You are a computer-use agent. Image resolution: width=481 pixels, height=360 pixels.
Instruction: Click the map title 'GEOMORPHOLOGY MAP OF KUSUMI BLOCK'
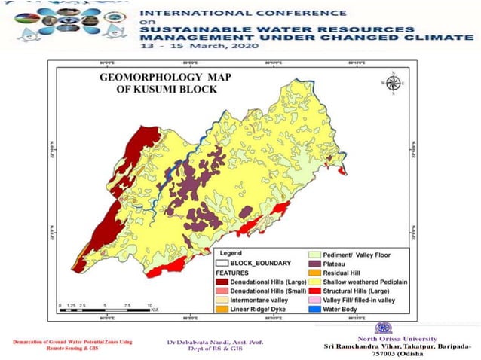[x=158, y=83]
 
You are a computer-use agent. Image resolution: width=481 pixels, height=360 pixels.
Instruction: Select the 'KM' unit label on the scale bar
[x=154, y=309]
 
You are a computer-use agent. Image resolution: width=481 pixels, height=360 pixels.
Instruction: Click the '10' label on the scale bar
[x=150, y=304]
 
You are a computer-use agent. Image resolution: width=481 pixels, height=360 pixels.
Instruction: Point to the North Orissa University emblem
[x=384, y=328]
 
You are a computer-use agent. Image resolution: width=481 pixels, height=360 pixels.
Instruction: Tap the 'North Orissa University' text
[x=384, y=337]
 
